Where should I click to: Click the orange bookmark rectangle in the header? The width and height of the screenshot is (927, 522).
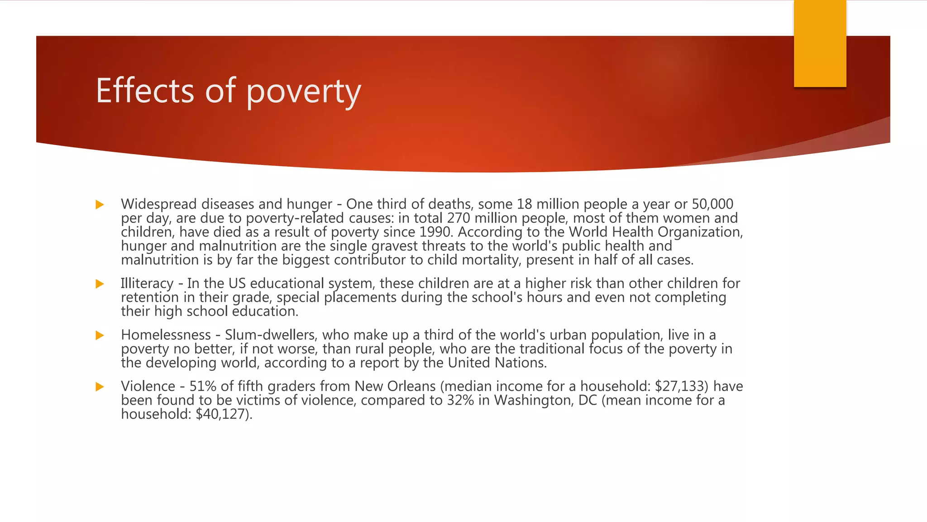click(820, 43)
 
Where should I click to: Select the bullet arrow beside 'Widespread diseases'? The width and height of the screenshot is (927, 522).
click(100, 205)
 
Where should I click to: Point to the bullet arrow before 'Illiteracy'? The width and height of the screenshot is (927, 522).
click(100, 284)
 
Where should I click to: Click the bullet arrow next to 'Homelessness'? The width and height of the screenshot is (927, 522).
click(100, 336)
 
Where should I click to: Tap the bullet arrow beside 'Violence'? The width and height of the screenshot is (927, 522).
click(100, 387)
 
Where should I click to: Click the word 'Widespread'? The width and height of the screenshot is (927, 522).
click(159, 204)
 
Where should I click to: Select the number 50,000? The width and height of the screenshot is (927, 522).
click(712, 204)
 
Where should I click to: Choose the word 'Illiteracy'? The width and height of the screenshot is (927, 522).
click(147, 284)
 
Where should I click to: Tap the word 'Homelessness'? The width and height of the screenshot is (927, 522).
click(166, 335)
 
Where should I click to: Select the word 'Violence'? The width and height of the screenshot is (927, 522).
click(148, 387)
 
